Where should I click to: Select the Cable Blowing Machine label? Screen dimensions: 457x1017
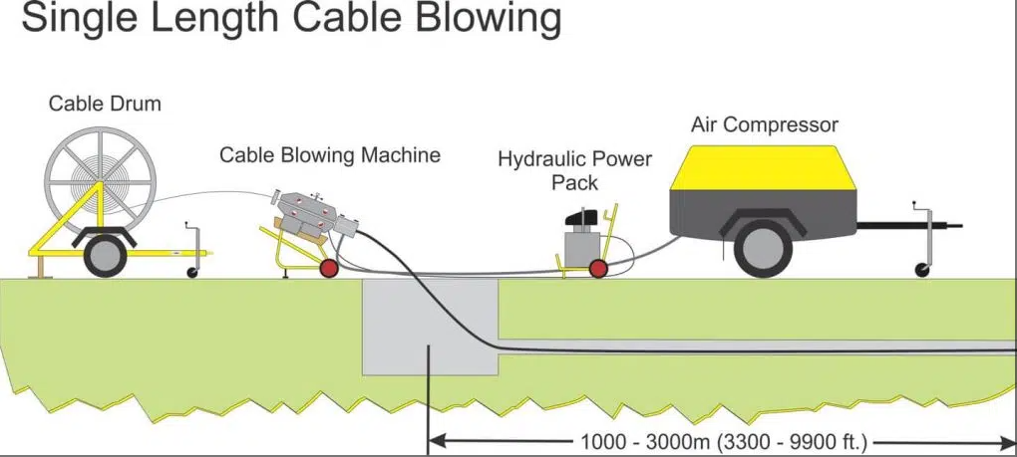tap(329, 155)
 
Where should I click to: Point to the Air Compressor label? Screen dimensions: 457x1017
tap(765, 124)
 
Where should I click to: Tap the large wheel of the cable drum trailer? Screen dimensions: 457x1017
tap(104, 255)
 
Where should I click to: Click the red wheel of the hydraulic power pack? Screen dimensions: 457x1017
tap(597, 268)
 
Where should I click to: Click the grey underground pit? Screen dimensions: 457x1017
tap(429, 329)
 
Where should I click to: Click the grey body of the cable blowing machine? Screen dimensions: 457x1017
tap(310, 212)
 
